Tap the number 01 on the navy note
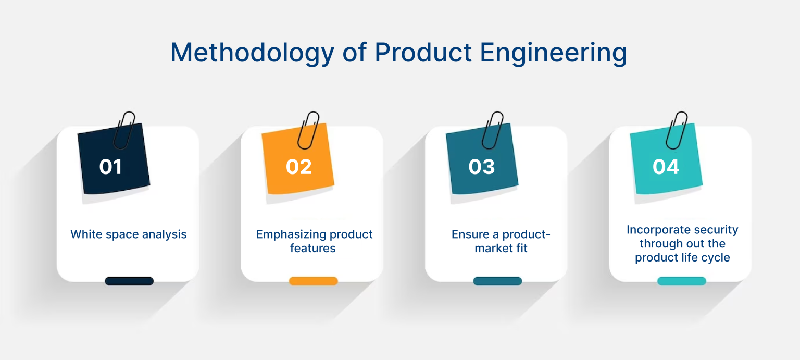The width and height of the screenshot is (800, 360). pyautogui.click(x=110, y=167)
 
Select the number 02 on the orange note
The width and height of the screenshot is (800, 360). pyautogui.click(x=299, y=167)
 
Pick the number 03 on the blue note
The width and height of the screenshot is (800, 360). pyautogui.click(x=481, y=167)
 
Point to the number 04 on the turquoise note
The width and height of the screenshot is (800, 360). pyautogui.click(x=666, y=167)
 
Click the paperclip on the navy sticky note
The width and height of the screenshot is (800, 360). pyautogui.click(x=124, y=130)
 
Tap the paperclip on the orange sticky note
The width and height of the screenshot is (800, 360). pyautogui.click(x=308, y=130)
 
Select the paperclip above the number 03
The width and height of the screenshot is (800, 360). pyautogui.click(x=492, y=130)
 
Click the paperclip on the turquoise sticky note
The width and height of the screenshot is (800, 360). pyautogui.click(x=677, y=130)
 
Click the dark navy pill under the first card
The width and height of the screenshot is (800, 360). pyautogui.click(x=129, y=281)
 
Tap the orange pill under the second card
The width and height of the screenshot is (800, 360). pyautogui.click(x=314, y=281)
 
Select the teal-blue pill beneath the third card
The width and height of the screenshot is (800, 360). pyautogui.click(x=497, y=281)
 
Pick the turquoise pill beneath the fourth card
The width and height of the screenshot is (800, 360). pyautogui.click(x=682, y=281)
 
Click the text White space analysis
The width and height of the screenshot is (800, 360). pyautogui.click(x=129, y=234)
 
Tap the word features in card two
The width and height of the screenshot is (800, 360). pyautogui.click(x=313, y=249)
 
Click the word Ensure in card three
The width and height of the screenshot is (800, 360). pyautogui.click(x=470, y=234)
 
